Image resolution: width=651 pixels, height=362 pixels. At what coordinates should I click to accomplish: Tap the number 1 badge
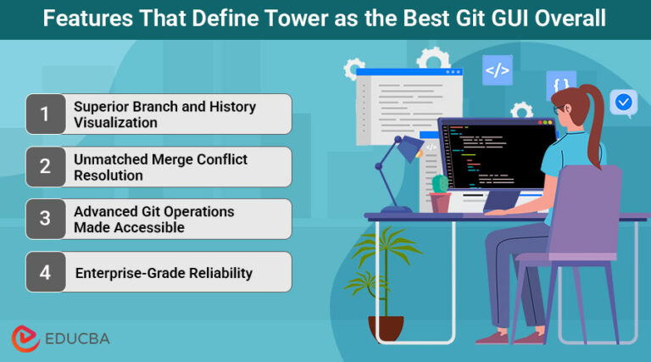tap(45, 114)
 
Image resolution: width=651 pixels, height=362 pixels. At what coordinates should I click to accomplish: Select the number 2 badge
tap(45, 167)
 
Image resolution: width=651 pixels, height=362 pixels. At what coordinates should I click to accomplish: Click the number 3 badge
tap(45, 220)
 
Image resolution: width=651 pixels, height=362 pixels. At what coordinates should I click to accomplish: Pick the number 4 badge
tap(45, 272)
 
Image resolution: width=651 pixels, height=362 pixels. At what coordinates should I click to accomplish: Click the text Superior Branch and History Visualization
tap(164, 114)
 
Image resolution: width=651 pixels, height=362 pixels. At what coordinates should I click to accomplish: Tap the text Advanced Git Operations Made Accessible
tap(153, 220)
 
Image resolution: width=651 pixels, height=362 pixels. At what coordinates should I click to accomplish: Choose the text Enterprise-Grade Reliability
tap(164, 273)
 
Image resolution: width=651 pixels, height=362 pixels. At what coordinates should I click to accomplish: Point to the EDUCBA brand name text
tap(77, 338)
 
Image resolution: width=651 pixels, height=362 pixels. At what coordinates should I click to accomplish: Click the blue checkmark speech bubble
tap(623, 103)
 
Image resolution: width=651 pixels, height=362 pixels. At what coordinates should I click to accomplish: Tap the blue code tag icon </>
tap(498, 70)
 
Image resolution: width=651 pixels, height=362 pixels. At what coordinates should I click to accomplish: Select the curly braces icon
tap(560, 85)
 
